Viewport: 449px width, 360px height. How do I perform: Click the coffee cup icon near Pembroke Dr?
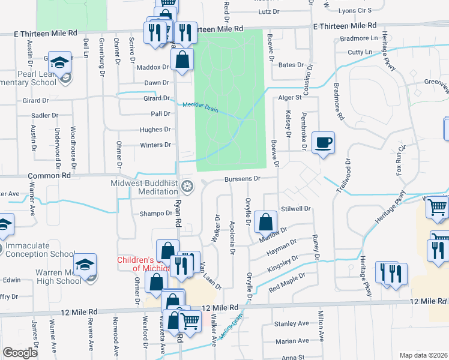[323, 142]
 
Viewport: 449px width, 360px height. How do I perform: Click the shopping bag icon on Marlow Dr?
[265, 221]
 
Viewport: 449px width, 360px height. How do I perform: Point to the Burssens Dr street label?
[242, 178]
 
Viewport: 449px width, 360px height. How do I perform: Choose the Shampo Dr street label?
[156, 213]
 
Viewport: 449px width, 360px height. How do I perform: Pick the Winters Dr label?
[155, 145]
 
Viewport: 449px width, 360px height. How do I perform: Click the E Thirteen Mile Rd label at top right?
[345, 26]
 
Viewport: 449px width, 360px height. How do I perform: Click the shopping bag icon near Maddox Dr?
[182, 59]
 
